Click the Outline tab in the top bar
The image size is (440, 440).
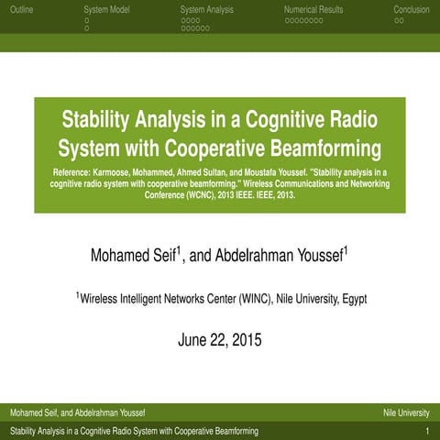[x=21, y=10]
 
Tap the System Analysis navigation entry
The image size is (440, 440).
[x=207, y=10]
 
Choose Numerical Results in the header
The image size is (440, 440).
[x=313, y=10]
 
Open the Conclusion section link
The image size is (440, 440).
[x=411, y=10]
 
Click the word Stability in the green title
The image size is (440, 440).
[x=96, y=120]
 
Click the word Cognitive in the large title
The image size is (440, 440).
[x=275, y=120]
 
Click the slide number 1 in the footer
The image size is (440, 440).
[x=427, y=430]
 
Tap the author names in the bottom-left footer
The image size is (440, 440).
[x=75, y=412]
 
